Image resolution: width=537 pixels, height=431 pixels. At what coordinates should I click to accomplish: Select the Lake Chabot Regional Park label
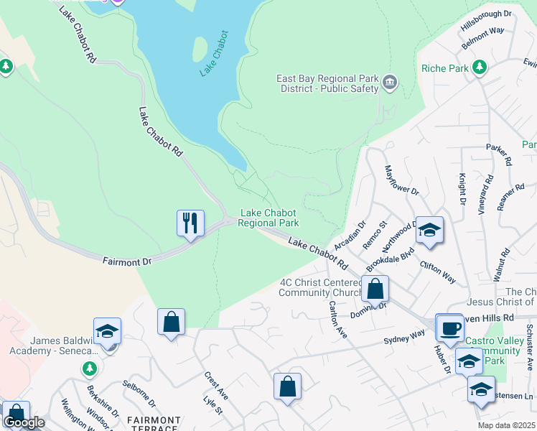tap(268, 218)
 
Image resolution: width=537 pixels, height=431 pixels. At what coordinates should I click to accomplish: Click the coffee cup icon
tap(449, 328)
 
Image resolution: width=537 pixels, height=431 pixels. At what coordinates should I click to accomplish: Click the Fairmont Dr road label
tap(127, 261)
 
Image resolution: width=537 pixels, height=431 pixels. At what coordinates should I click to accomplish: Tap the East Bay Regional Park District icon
tap(390, 83)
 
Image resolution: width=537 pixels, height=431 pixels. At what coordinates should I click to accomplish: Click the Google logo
tap(24, 422)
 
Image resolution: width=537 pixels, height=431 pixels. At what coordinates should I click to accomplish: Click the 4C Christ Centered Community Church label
tap(321, 287)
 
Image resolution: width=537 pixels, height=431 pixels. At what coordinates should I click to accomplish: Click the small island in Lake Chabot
tap(200, 49)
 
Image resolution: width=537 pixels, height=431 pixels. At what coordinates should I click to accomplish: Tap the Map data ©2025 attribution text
tap(507, 425)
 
